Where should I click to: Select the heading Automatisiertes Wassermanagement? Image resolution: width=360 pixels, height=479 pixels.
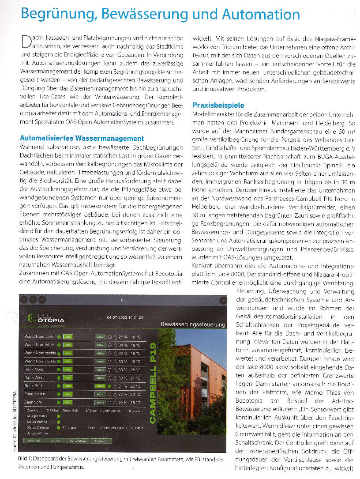[x=82, y=138]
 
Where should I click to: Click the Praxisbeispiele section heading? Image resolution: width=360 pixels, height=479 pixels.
[x=218, y=106]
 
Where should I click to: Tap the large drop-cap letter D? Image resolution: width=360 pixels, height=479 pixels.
[x=26, y=42]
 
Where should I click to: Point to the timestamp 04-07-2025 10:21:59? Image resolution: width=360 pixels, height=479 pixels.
[x=125, y=317]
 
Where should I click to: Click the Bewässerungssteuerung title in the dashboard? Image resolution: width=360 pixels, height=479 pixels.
[x=192, y=324]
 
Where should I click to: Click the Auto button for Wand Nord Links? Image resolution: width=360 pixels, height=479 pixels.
[x=68, y=337]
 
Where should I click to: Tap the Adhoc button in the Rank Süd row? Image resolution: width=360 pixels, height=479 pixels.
[x=100, y=386]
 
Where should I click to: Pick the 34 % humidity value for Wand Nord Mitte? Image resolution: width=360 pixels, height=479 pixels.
[x=123, y=345]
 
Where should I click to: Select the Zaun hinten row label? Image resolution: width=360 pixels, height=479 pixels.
[x=35, y=394]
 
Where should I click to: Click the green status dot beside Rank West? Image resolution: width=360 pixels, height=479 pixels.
[x=59, y=378]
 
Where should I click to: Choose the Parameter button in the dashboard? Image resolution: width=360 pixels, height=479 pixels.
[x=101, y=441]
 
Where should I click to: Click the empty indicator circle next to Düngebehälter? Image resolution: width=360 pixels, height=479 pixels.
[x=59, y=433]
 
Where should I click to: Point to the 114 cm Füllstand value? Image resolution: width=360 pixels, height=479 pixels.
[x=91, y=427]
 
